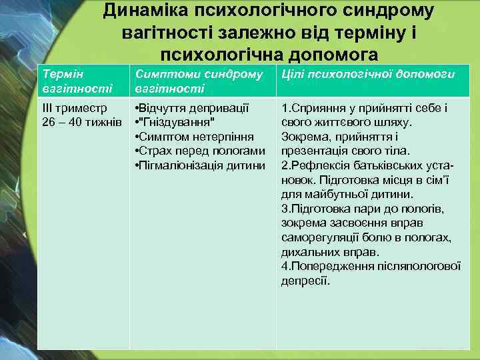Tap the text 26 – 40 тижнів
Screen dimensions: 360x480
(x=81, y=122)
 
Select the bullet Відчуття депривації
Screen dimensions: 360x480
(x=192, y=107)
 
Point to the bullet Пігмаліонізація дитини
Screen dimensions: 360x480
(x=200, y=165)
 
